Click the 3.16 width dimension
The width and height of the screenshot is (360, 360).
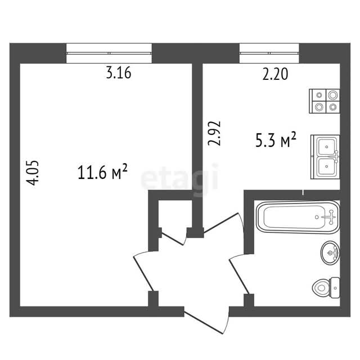(119, 73)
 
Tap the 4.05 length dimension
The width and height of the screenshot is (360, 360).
(33, 173)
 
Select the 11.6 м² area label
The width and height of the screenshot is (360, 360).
(102, 172)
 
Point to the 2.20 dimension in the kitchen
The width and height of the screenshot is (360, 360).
(275, 74)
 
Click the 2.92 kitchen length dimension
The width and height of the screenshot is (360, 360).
(214, 133)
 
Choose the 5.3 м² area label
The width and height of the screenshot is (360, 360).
(276, 139)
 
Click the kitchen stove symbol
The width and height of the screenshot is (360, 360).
(325, 101)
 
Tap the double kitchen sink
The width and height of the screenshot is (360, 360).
(325, 157)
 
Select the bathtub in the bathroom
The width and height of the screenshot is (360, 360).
(298, 217)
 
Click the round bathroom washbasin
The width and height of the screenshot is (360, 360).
(330, 253)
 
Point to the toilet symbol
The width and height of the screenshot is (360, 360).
(326, 287)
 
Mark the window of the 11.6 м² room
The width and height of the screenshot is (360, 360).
(109, 53)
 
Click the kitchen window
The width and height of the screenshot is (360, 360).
(269, 53)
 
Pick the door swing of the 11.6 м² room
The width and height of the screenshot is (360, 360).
(143, 271)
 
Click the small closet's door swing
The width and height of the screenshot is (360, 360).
(174, 237)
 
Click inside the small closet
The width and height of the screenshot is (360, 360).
(175, 214)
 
